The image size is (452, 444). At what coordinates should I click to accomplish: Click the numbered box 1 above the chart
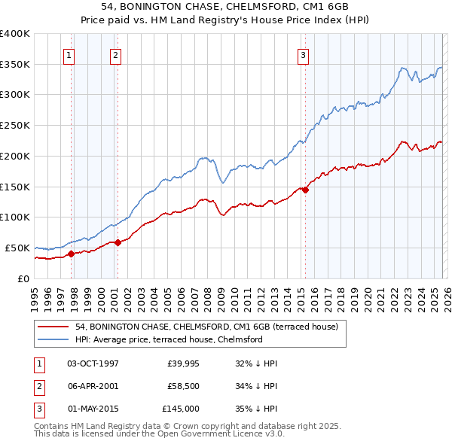click(x=69, y=54)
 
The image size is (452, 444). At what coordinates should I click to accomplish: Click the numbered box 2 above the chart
click(x=115, y=54)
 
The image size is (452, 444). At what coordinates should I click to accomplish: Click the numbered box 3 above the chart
click(x=303, y=54)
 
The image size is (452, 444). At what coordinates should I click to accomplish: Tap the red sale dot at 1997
click(x=71, y=254)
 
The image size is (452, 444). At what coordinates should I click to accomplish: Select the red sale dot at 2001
click(x=118, y=242)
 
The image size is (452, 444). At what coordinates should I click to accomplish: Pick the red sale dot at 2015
click(x=305, y=190)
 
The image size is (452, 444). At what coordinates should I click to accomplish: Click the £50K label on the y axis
click(x=17, y=248)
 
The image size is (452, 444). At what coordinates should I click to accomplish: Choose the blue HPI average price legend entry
click(x=168, y=339)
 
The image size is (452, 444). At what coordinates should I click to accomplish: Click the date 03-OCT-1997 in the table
click(x=93, y=363)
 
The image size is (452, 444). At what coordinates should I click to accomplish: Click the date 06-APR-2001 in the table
click(x=93, y=386)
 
